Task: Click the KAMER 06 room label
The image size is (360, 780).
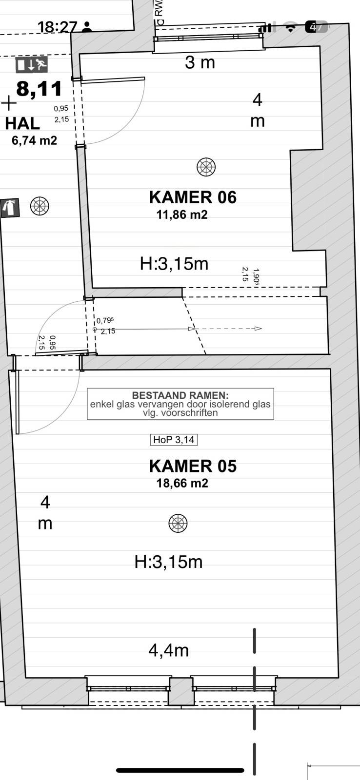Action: coord(193,197)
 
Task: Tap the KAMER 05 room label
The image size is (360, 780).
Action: coord(193,466)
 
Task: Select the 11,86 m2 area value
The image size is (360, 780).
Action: coord(182,214)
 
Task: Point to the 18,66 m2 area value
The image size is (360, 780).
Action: coord(182,483)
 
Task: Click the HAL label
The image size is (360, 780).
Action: coord(22,124)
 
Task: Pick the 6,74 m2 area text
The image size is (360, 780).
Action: coord(34,140)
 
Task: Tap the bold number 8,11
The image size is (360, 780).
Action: coord(39,88)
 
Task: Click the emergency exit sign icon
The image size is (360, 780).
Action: coord(31,64)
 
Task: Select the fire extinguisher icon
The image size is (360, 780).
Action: coord(10,208)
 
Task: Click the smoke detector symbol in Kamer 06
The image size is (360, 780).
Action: coord(206,167)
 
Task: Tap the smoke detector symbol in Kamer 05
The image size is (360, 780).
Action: coord(178,523)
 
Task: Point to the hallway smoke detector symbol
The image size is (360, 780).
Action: coord(40,206)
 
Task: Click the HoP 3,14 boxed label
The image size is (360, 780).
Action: coord(174,440)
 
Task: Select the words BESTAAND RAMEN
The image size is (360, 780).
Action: coord(180,395)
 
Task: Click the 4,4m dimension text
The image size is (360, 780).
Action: coord(169,650)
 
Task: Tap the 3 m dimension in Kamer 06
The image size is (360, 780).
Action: coord(200,62)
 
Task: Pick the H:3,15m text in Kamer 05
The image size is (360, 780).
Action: coord(169,562)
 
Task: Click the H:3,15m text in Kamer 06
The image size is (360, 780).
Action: coord(174,264)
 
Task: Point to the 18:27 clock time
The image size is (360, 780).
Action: coord(57,27)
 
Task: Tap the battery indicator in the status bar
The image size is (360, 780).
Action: coord(317,27)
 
